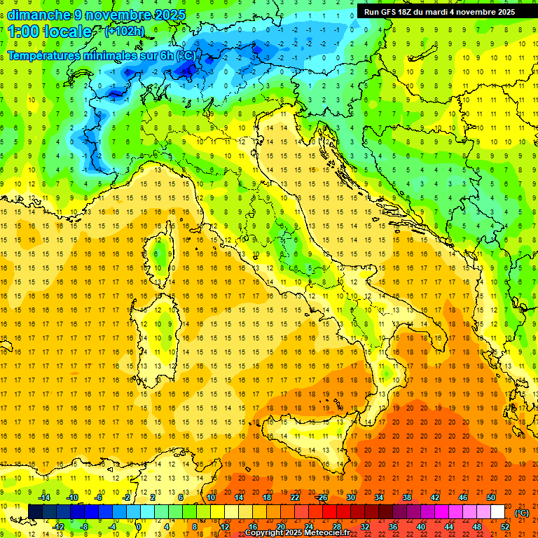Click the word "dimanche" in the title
click(39, 15)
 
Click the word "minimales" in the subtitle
click(114, 55)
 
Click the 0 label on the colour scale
click(139, 527)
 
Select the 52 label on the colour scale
click(505, 527)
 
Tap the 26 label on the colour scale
click(323, 497)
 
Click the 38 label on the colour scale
click(406, 497)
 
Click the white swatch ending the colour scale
click(497, 512)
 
